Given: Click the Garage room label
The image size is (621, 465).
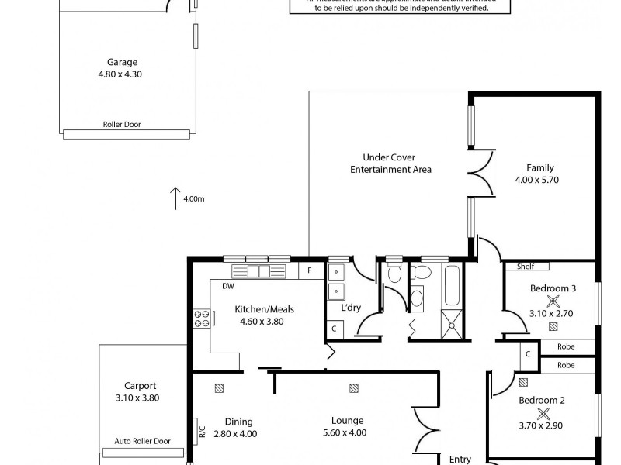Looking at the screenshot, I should pos(123,62).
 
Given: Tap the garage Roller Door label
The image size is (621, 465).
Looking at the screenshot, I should pos(122,124).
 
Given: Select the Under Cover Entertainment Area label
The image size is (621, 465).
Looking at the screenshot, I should pos(390,164).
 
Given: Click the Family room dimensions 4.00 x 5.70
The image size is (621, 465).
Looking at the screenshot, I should pos(537,180).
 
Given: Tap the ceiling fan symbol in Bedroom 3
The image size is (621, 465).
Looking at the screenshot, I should pos(553,301).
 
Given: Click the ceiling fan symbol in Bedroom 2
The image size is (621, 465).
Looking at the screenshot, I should pos(543,413).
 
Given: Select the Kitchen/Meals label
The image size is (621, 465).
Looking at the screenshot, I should pos(264,309).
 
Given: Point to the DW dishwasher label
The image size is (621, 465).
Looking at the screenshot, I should pos(228,286).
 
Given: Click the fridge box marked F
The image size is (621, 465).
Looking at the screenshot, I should pos(310,270).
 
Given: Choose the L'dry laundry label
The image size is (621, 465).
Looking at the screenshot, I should pos(352,308).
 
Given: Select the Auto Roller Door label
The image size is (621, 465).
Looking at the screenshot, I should pos(141,441).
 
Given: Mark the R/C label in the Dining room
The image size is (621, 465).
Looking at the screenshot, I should pos(202,429).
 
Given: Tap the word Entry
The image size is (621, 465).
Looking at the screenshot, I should pos(460,459).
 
